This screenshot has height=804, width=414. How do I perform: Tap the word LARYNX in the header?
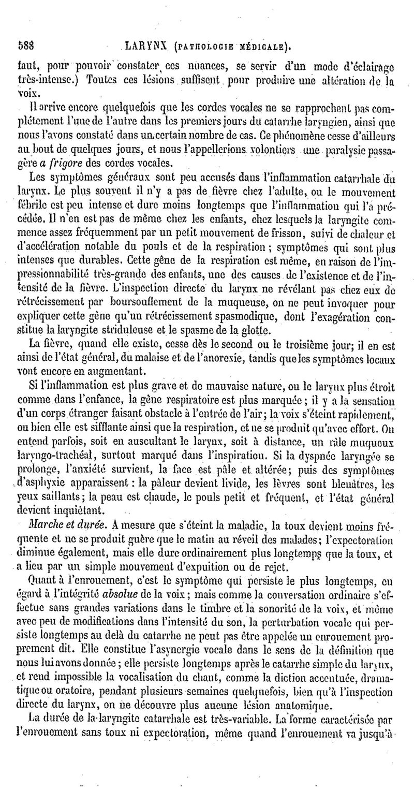click(144, 47)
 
